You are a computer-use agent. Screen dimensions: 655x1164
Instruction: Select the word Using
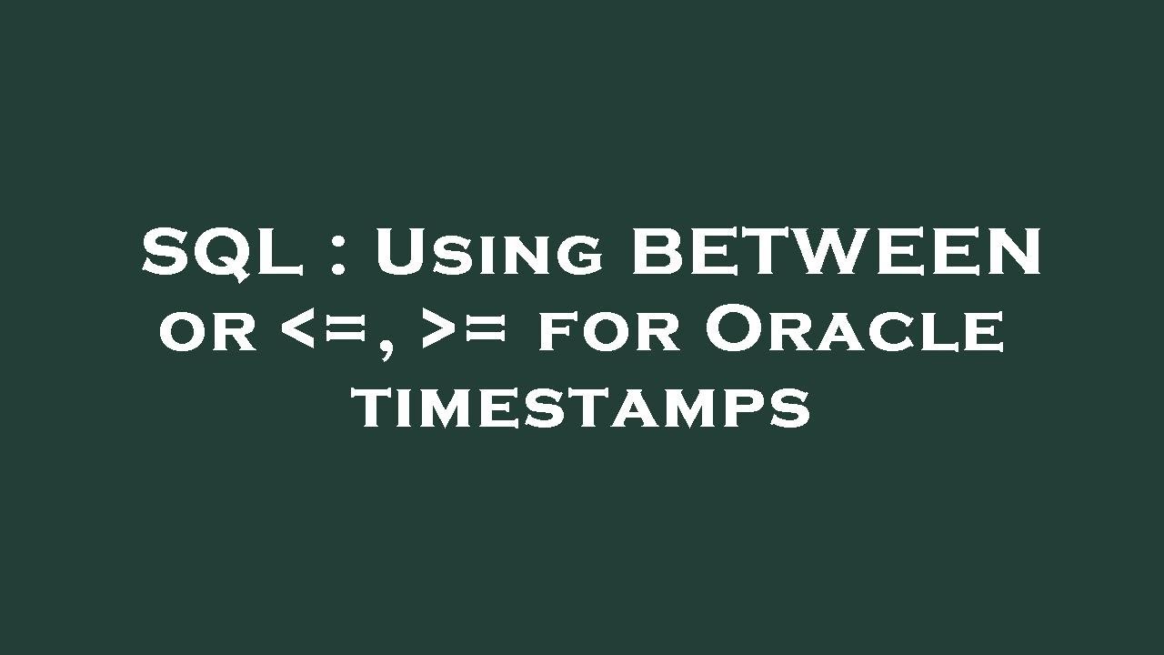pyautogui.click(x=488, y=253)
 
